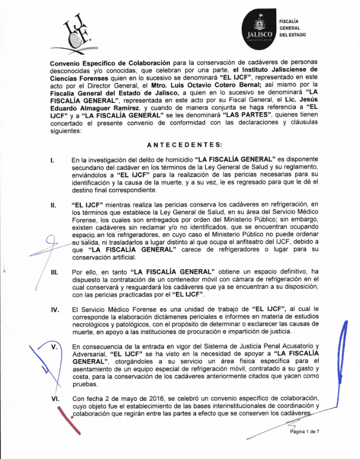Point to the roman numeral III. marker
coord(53,272)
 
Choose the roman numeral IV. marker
coord(53,309)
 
